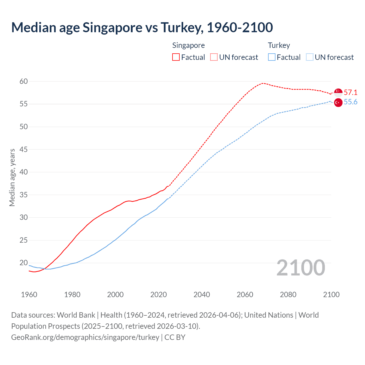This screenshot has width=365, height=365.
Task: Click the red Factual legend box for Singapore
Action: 176,57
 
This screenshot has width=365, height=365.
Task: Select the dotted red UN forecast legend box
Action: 214,57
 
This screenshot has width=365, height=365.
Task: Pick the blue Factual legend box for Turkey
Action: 272,57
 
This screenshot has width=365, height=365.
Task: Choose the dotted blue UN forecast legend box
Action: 310,57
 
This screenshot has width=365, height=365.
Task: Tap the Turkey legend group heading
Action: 279,45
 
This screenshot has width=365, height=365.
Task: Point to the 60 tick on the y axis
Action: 24,82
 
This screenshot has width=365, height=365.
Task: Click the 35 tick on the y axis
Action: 24,195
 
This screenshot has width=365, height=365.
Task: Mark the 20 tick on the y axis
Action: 24,263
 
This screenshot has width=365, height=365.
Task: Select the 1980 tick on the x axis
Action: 72,295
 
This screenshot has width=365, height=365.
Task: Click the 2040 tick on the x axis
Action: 202,295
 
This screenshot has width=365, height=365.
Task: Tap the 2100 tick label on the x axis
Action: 331,295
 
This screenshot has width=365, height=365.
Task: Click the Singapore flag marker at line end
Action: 338,92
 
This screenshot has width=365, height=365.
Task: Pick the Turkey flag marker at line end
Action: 338,103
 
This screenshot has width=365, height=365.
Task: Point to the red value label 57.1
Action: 350,92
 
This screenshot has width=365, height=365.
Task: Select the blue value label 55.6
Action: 350,102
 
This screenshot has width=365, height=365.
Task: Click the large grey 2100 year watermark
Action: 301,268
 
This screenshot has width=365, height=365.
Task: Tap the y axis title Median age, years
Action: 12,177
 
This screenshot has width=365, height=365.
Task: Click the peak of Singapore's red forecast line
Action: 262,83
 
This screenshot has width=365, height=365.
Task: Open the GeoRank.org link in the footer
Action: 85,337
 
